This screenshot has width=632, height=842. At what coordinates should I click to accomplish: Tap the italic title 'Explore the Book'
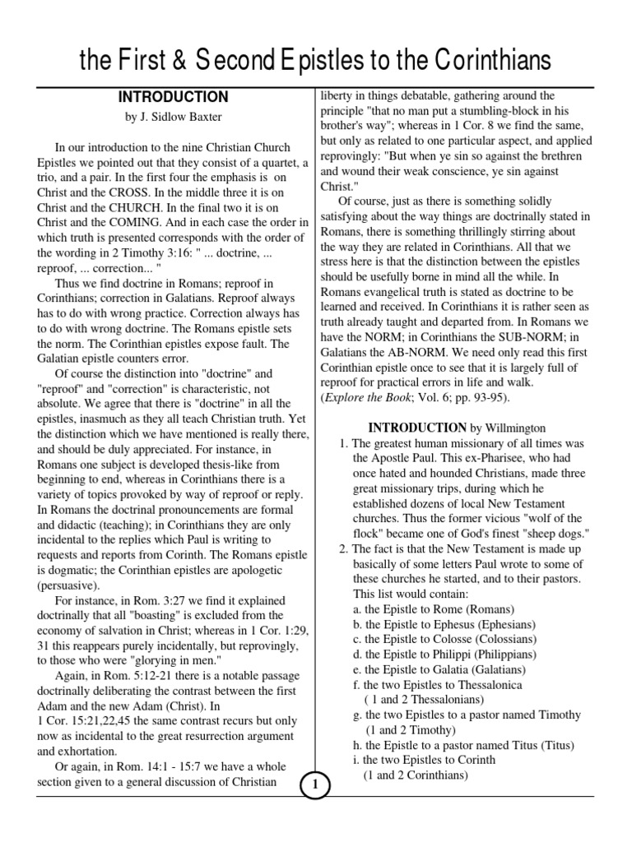click(x=367, y=398)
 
